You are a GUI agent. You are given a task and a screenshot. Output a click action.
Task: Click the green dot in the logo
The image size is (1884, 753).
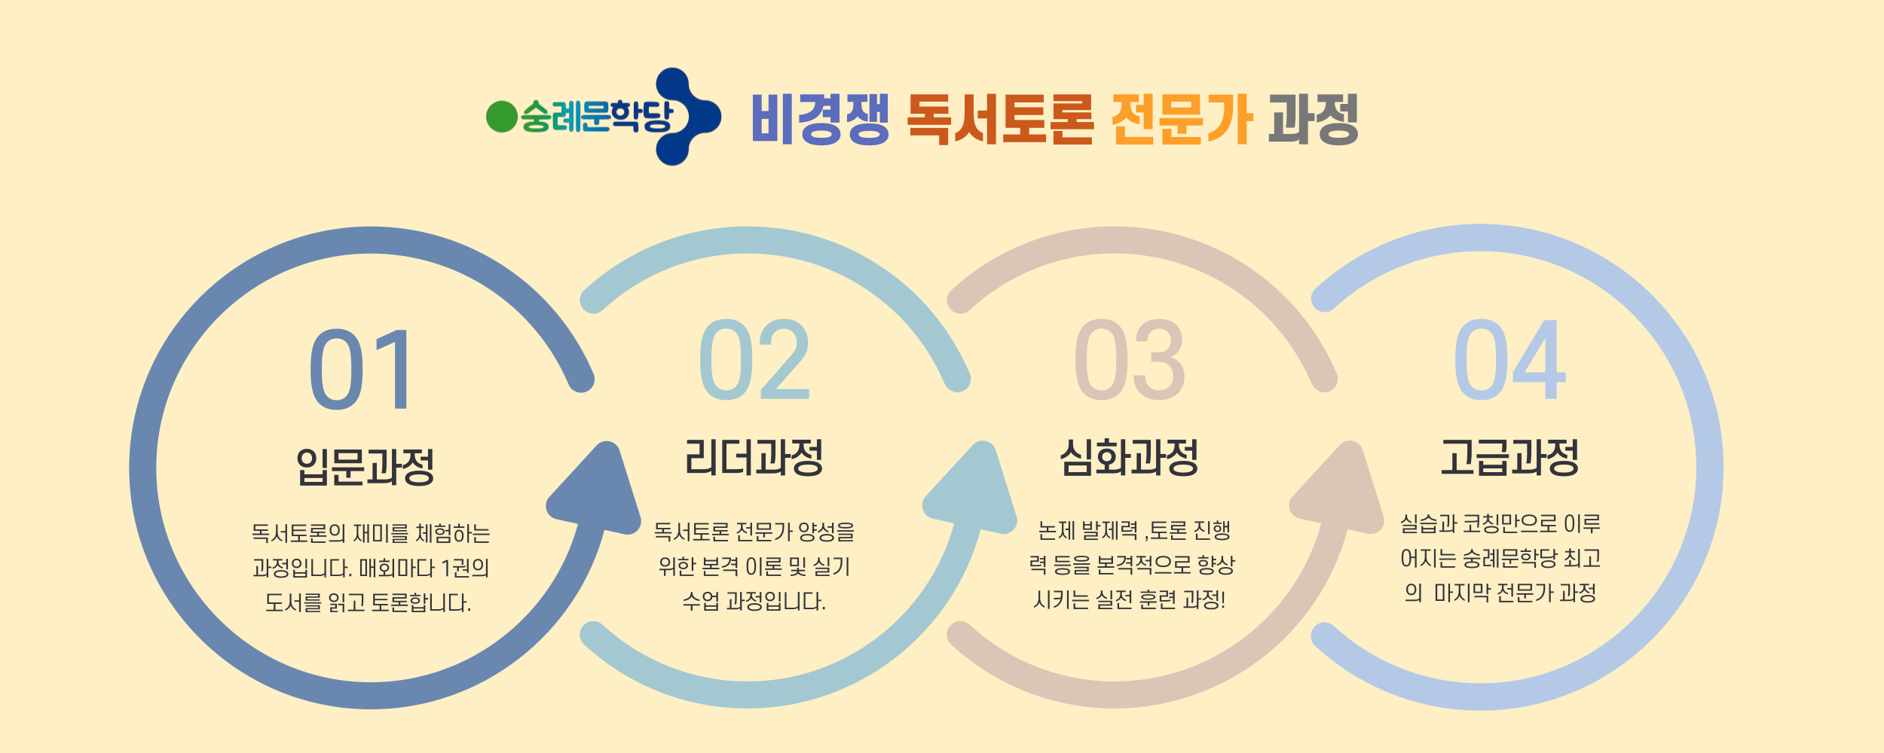click(502, 117)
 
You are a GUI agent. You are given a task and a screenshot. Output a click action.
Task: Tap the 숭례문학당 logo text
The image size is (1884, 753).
click(596, 117)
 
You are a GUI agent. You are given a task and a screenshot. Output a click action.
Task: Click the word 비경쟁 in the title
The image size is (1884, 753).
click(820, 119)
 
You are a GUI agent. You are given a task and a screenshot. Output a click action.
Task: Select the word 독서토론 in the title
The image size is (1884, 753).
click(1000, 119)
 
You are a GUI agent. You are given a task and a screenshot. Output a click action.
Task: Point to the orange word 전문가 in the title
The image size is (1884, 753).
click(1182, 119)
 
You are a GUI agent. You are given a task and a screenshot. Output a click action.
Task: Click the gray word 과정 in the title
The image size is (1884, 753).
click(1314, 119)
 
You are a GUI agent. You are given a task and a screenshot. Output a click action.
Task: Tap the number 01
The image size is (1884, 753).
click(361, 370)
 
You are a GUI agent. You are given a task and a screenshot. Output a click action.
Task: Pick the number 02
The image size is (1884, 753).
click(754, 359)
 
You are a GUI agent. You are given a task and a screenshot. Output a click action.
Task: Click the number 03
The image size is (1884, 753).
click(1129, 359)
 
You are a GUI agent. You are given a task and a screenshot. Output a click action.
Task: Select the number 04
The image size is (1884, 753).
click(1509, 359)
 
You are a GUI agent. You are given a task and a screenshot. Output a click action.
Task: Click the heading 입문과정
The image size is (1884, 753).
click(365, 467)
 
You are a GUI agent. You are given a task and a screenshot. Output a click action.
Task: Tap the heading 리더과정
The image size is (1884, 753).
click(754, 457)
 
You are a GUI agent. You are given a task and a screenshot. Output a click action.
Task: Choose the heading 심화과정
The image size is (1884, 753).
click(1129, 457)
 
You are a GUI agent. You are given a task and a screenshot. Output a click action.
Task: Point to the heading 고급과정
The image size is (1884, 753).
click(1509, 457)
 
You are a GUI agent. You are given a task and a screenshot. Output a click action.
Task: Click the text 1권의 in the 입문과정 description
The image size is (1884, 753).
click(465, 568)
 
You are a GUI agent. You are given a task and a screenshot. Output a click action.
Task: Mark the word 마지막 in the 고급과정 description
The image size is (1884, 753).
click(1461, 593)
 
